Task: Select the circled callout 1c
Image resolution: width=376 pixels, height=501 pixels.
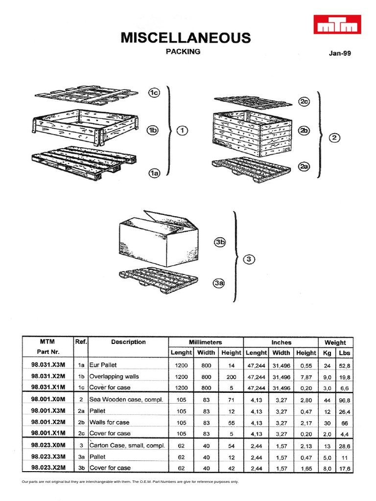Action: pyautogui.click(x=155, y=93)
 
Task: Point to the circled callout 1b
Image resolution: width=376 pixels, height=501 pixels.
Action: pyautogui.click(x=155, y=130)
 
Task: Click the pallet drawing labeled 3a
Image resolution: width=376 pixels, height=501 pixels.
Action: pyautogui.click(x=159, y=280)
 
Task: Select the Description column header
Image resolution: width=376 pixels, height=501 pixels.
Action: pyautogui.click(x=128, y=342)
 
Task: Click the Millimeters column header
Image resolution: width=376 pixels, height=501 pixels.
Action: pyautogui.click(x=206, y=342)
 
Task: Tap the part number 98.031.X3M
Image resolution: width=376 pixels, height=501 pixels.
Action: pyautogui.click(x=47, y=365)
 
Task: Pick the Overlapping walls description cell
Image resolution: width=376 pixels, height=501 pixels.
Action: pyautogui.click(x=114, y=377)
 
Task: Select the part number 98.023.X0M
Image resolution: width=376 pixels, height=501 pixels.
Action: pyautogui.click(x=47, y=446)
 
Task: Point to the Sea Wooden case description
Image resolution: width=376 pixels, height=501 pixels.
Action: pyautogui.click(x=126, y=400)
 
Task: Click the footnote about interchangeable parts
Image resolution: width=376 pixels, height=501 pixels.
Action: pyautogui.click(x=130, y=482)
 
